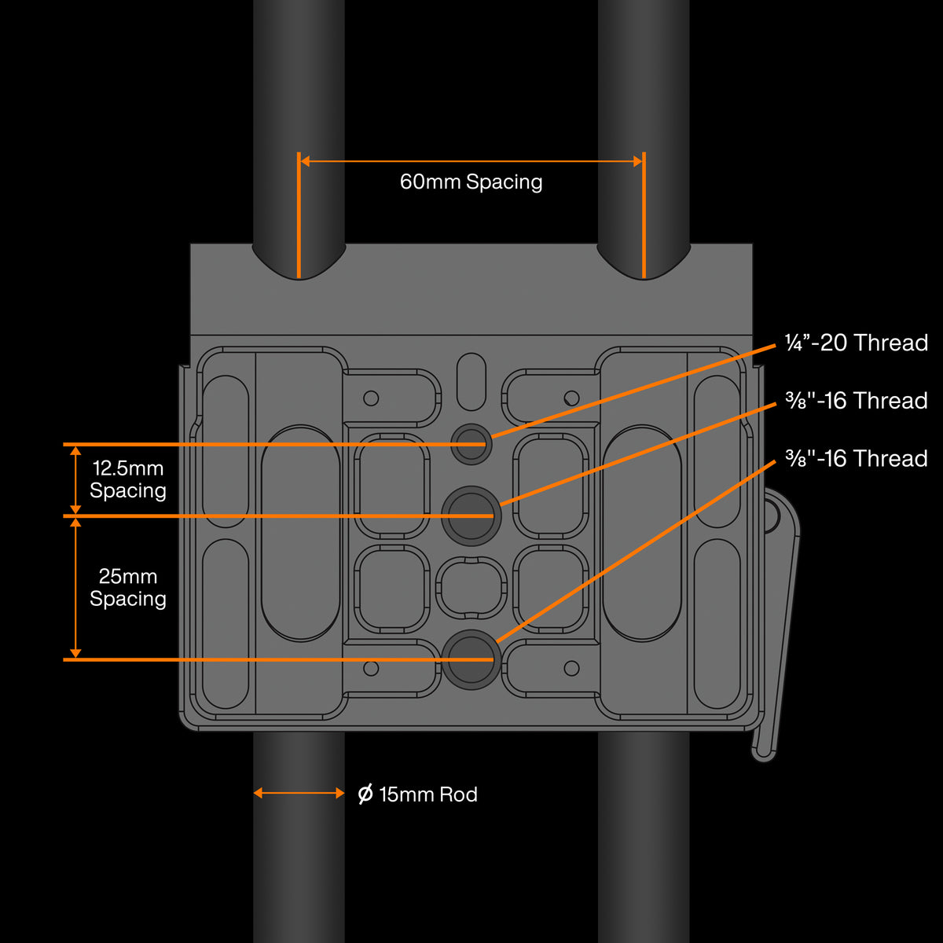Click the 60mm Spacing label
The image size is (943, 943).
(x=471, y=182)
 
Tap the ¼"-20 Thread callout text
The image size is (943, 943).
(x=856, y=343)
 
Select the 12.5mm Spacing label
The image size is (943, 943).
(x=128, y=479)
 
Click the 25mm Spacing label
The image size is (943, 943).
(x=128, y=588)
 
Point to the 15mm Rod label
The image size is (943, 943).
(x=427, y=794)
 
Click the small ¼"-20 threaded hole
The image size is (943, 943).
(x=472, y=443)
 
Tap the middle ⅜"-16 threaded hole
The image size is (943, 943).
(x=472, y=516)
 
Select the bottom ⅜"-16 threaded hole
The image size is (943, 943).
(x=472, y=659)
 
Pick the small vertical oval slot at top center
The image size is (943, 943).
(x=472, y=381)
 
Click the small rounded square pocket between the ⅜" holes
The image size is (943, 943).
(x=472, y=588)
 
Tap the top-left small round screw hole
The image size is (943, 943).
(x=371, y=398)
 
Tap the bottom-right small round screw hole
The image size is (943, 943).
(x=571, y=669)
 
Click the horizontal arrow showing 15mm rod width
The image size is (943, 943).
(x=299, y=794)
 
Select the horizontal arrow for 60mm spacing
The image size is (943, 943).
(x=471, y=161)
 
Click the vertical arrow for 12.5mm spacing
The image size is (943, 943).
(x=75, y=479)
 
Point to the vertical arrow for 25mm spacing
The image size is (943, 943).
(x=75, y=588)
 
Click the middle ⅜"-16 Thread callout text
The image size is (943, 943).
(x=856, y=401)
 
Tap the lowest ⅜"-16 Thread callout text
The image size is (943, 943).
(x=856, y=459)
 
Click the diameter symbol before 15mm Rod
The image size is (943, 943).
(x=365, y=794)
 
